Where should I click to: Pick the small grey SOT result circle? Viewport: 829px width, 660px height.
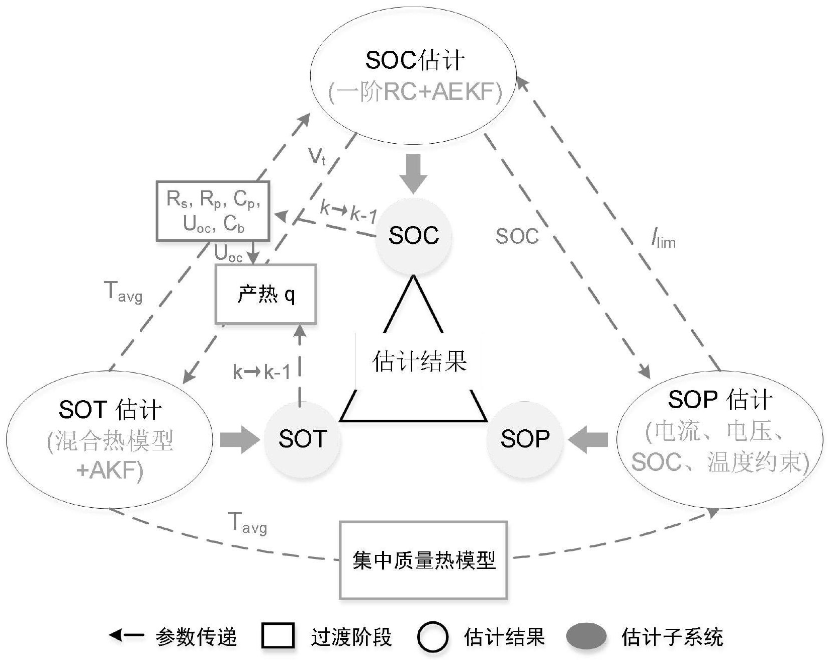click(302, 439)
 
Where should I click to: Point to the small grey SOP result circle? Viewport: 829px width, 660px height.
click(525, 439)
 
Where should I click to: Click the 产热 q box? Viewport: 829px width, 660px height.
click(265, 294)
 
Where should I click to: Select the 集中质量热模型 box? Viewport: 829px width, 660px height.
click(423, 560)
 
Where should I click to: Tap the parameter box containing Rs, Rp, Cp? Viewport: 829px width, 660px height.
click(213, 211)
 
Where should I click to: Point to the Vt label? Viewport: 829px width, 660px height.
click(317, 157)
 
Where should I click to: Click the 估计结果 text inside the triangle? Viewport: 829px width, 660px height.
click(419, 361)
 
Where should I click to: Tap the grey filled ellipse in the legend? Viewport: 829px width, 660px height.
click(586, 636)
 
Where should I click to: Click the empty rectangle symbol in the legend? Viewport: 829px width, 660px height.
click(278, 636)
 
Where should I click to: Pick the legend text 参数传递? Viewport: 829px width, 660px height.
click(196, 637)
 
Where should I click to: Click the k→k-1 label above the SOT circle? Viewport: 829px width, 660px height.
click(261, 372)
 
